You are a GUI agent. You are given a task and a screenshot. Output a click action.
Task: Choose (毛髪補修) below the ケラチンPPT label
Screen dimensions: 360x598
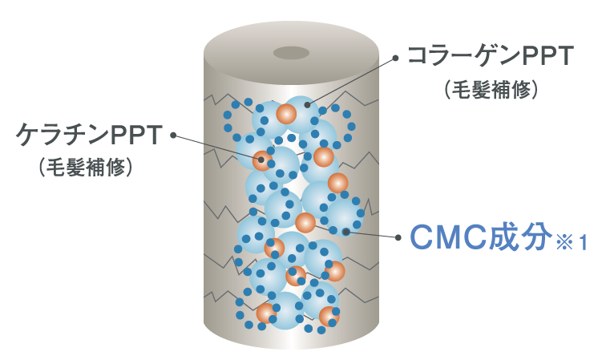click(85, 167)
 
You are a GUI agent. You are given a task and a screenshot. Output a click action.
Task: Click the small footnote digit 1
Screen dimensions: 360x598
click(584, 242)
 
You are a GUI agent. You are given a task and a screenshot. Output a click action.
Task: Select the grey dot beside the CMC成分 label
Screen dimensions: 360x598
click(398, 237)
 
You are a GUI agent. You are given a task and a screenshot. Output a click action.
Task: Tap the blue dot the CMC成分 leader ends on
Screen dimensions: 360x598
click(345, 232)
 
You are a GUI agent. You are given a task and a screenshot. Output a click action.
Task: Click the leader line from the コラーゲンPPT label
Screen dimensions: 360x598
click(353, 81)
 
